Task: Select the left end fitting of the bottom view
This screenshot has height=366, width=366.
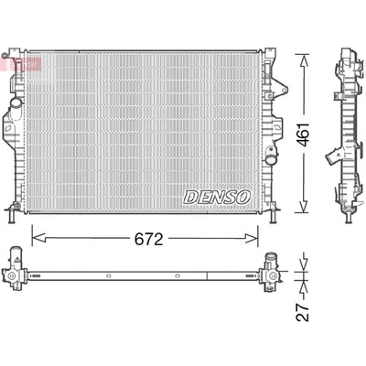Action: coord(15,271)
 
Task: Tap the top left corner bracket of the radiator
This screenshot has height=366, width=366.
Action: coord(13,49)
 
